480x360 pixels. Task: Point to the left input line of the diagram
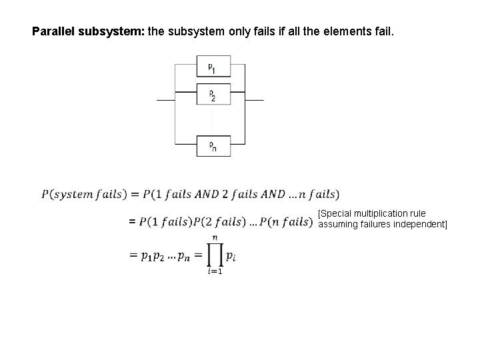click(165, 101)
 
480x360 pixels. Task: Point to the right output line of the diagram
click(255, 101)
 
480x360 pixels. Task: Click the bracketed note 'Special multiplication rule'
click(371, 213)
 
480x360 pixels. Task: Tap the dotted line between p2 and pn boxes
click(211, 120)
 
